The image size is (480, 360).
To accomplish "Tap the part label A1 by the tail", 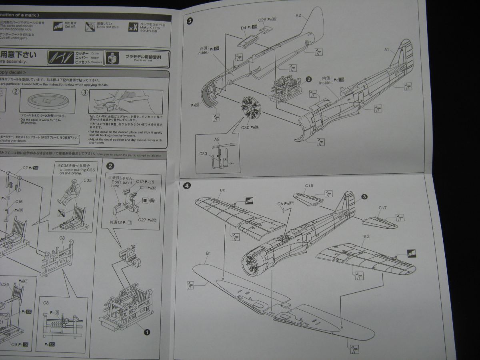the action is pyautogui.click(x=387, y=50).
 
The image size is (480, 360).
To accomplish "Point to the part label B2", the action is pyautogui.click(x=223, y=190).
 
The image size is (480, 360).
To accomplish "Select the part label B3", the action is pyautogui.click(x=366, y=236).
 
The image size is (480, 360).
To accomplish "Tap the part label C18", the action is pyautogui.click(x=309, y=186).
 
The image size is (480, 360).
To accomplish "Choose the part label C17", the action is pyautogui.click(x=382, y=208).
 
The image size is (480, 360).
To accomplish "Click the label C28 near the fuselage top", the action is pyautogui.click(x=262, y=20).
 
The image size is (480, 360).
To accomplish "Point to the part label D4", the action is pyautogui.click(x=243, y=28).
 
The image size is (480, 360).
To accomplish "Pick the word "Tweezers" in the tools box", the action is pyautogui.click(x=97, y=62).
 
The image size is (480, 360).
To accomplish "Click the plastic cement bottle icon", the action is pyautogui.click(x=112, y=58).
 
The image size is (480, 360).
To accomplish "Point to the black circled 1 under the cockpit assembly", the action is pyautogui.click(x=146, y=332).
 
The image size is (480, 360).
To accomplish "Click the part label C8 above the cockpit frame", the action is pyautogui.click(x=62, y=238).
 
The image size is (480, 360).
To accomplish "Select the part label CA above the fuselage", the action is pyautogui.click(x=280, y=204).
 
